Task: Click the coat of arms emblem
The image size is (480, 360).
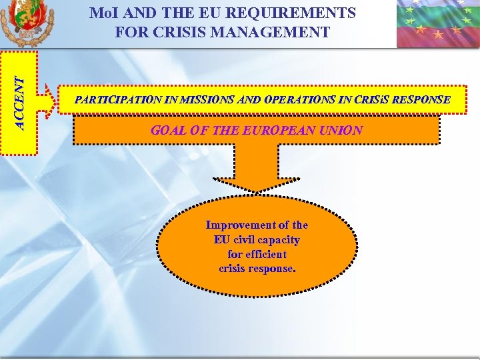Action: click(27, 23)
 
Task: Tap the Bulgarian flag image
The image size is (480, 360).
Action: click(438, 24)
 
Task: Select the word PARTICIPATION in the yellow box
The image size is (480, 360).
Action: click(117, 101)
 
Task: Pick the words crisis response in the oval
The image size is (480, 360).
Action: click(257, 269)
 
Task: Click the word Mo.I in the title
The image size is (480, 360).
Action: click(105, 13)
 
